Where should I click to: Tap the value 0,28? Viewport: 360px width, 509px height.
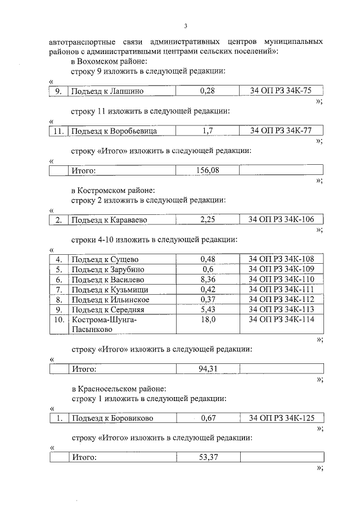(x=208, y=91)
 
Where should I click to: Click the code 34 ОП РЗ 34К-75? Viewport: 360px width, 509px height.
(x=281, y=91)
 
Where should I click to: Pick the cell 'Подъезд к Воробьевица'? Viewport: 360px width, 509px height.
(x=112, y=131)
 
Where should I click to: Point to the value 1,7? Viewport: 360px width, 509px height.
(x=208, y=131)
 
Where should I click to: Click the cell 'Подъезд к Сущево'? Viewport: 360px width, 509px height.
(x=104, y=259)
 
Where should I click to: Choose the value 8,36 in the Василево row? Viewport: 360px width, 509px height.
(x=208, y=280)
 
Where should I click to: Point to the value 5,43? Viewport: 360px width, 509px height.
(x=208, y=310)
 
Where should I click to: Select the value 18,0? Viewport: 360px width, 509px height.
(x=208, y=320)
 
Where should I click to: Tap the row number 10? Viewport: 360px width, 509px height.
(x=58, y=320)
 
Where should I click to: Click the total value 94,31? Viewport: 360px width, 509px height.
(x=208, y=369)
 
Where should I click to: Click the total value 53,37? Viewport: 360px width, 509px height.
(x=208, y=457)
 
